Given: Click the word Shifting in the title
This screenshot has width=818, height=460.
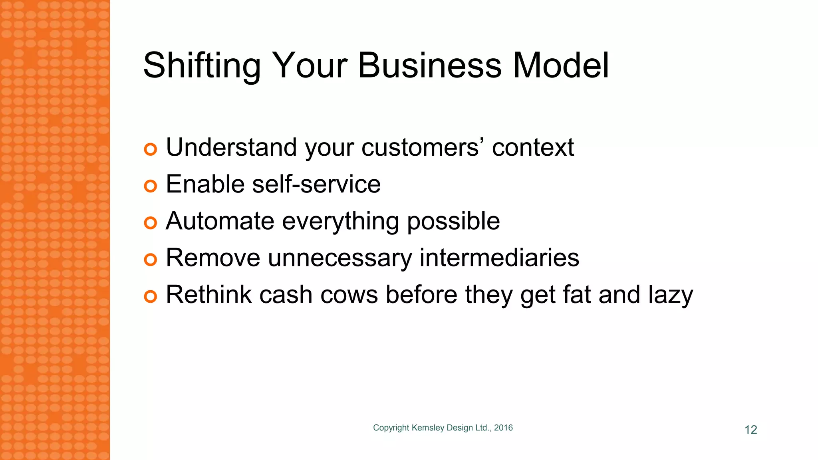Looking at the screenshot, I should click(202, 66).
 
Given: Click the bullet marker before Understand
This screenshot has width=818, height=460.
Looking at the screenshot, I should click(150, 149).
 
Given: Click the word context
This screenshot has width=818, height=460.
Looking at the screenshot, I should click(533, 147).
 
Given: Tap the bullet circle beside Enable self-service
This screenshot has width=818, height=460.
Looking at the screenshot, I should click(150, 186).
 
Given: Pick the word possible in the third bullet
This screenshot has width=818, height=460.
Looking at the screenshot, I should click(453, 222).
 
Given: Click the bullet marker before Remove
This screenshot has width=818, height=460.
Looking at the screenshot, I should click(150, 260).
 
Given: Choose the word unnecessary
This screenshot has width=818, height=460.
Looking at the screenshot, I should click(340, 259).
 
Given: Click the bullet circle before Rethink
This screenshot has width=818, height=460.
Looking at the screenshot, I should click(150, 297).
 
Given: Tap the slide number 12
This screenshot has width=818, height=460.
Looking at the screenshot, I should click(750, 430).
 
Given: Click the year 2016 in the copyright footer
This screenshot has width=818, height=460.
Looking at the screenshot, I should click(503, 428).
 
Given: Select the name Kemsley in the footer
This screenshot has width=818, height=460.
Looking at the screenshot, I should click(428, 428).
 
